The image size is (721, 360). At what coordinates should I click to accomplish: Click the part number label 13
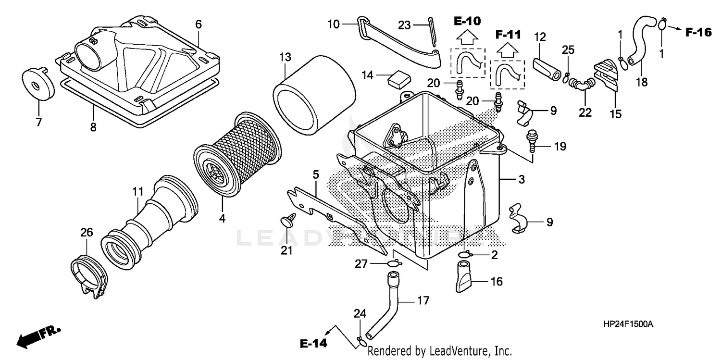285,57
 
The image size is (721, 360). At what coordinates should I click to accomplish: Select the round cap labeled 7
37,85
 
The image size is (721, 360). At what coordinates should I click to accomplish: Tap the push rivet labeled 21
286,223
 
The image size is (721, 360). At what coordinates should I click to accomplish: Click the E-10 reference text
468,21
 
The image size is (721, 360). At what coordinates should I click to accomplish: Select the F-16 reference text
697,32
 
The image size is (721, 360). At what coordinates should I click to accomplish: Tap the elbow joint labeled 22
581,86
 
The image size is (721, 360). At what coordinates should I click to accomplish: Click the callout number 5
316,174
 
